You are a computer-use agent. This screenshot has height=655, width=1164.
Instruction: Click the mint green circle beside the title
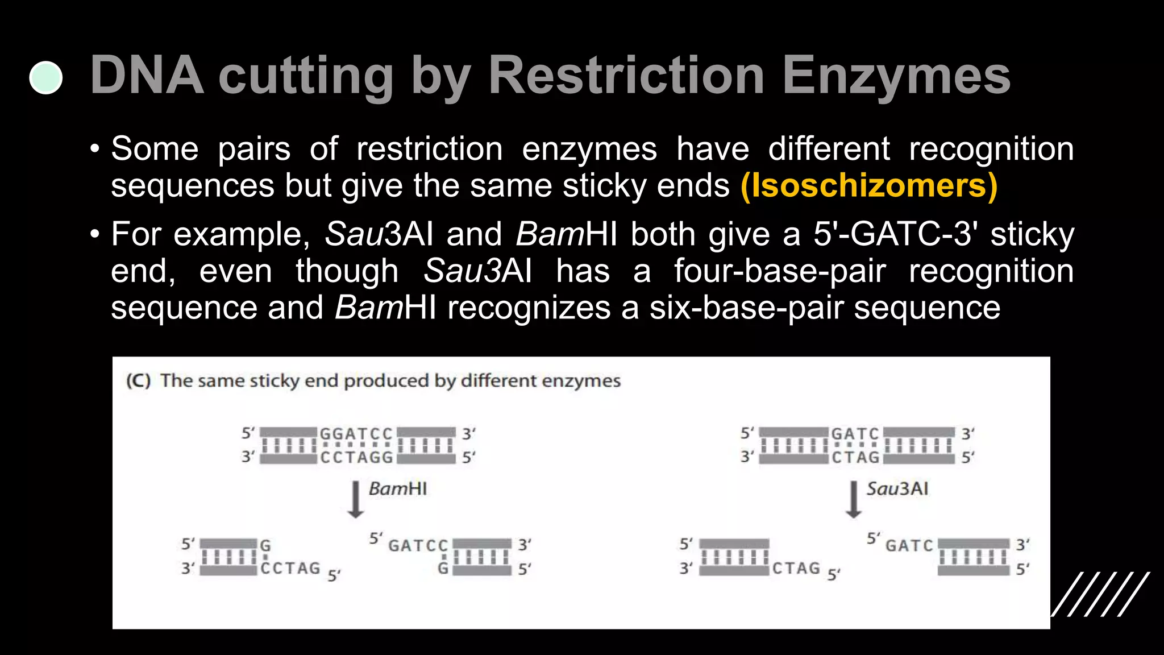tap(46, 78)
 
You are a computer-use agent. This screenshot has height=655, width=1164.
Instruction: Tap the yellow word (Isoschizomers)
tap(869, 186)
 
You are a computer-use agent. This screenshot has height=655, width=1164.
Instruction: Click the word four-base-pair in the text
tap(780, 271)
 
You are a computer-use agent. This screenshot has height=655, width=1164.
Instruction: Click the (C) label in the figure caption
tap(139, 380)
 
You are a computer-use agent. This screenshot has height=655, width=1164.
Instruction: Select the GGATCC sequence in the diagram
tap(356, 434)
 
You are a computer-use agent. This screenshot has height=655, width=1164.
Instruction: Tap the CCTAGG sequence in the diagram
tap(356, 457)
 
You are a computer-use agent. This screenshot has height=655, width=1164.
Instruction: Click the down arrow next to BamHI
tap(355, 499)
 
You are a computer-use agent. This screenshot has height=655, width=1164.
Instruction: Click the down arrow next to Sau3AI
tap(853, 499)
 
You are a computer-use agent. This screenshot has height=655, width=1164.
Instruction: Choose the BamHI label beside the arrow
tap(398, 489)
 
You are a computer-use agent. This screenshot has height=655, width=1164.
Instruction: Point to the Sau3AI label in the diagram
tap(897, 489)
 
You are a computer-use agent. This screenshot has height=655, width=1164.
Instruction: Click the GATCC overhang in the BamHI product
tap(418, 545)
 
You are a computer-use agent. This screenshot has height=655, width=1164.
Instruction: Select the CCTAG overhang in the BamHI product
tap(290, 568)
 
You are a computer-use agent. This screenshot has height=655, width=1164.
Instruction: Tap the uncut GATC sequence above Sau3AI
tap(855, 434)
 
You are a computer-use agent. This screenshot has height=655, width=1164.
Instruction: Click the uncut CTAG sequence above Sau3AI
tap(855, 457)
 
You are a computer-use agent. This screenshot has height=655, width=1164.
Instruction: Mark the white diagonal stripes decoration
tap(1100, 594)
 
